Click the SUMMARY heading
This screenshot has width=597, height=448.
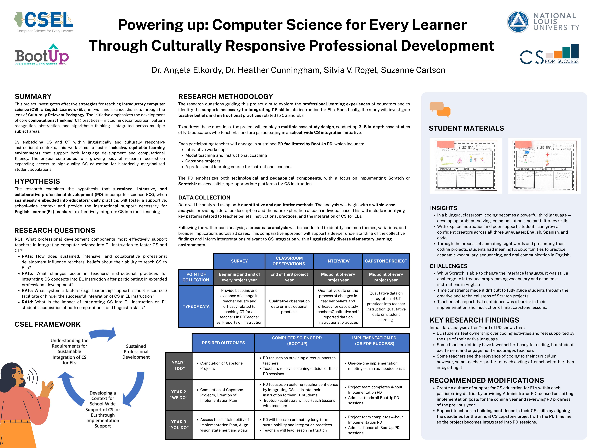coord(33,96)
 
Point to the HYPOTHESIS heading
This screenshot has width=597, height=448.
coord(37,181)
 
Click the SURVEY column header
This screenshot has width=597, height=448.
coord(239,261)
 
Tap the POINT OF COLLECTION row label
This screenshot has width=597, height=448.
coord(196,277)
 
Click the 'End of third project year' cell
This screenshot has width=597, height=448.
coord(289,277)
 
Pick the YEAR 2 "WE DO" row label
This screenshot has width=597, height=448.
coord(179,395)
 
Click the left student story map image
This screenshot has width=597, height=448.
coord(466,166)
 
